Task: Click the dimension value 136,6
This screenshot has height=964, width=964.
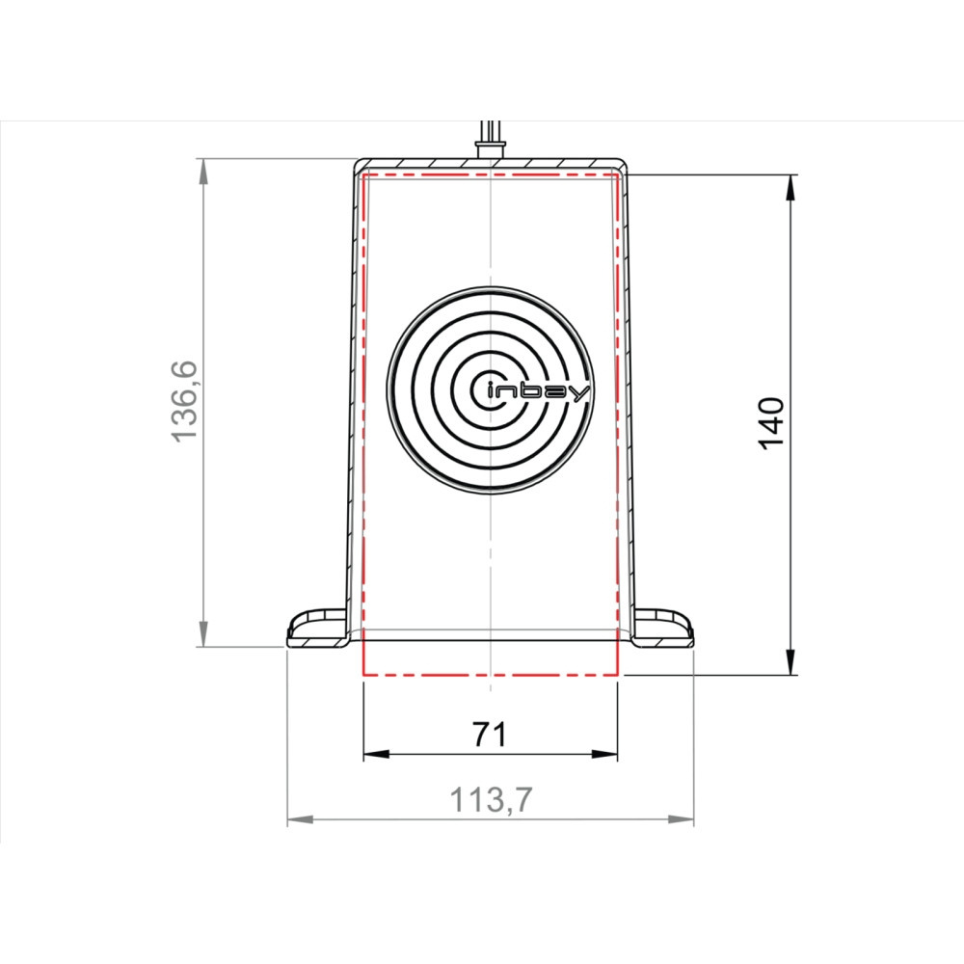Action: (184, 401)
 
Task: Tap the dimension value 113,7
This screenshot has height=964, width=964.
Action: (491, 800)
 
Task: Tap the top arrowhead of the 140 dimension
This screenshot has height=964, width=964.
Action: (790, 187)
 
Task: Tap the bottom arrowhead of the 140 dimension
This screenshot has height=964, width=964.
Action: (790, 663)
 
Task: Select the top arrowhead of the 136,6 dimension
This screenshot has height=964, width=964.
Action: (202, 171)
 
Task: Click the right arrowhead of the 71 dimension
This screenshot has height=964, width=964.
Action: (604, 754)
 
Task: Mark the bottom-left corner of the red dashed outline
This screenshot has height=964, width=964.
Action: (362, 675)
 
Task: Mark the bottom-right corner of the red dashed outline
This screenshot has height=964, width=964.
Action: (617, 675)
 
